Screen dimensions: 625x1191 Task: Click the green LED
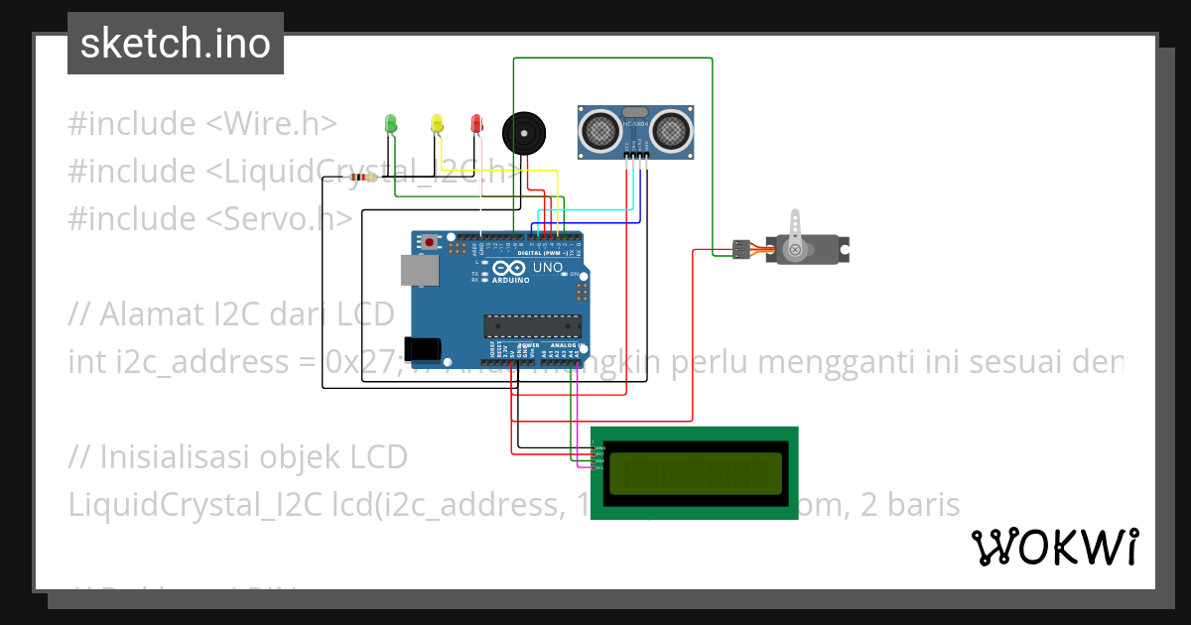(391, 124)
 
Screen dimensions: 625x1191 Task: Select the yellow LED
(436, 124)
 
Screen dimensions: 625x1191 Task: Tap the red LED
(476, 124)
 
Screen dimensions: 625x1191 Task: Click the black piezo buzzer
(523, 133)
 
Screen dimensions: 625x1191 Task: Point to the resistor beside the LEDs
(364, 178)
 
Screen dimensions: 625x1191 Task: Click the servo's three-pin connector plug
(740, 250)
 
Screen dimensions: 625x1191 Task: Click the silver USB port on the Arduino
(419, 271)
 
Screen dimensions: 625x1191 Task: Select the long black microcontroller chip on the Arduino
(531, 326)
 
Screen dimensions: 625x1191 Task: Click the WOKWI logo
(1054, 547)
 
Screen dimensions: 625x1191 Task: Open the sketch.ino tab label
(176, 44)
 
